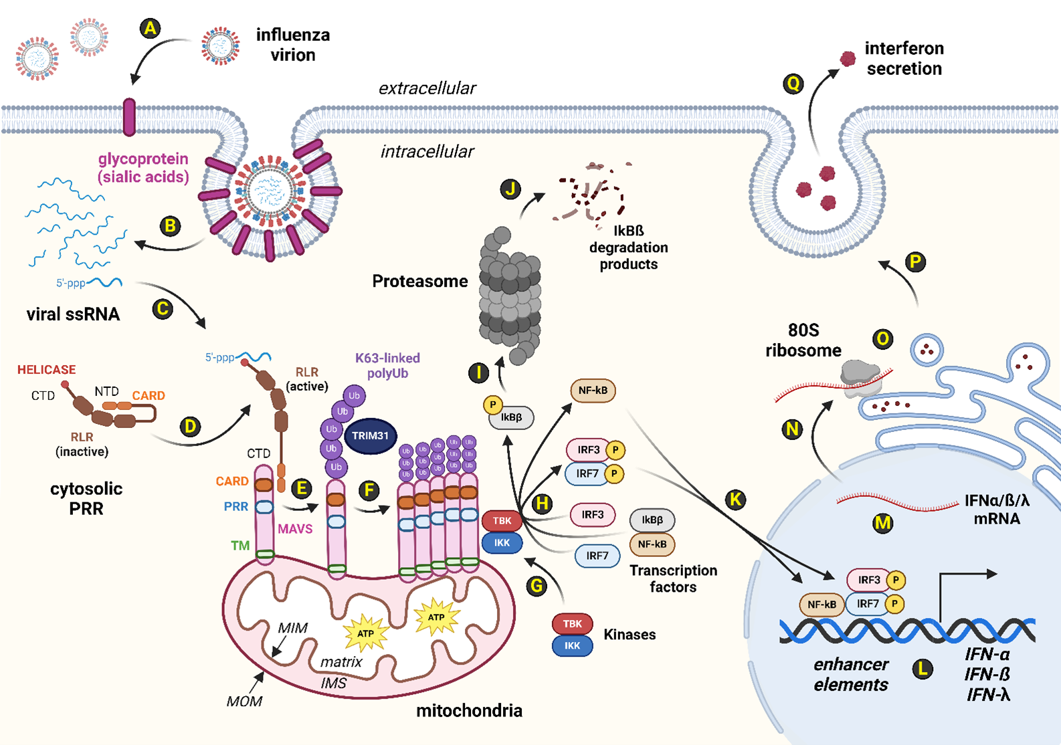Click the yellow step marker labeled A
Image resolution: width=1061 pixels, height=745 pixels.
tap(151, 29)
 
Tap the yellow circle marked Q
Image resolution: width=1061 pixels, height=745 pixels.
tap(793, 84)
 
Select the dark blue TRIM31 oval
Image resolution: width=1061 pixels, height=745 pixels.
tap(370, 436)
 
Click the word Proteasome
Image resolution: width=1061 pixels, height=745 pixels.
tap(419, 282)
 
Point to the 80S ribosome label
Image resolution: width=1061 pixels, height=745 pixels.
tap(803, 340)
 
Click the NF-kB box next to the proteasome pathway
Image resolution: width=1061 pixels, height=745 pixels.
tap(593, 391)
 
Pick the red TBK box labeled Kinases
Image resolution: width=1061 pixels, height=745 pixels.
tap(572, 624)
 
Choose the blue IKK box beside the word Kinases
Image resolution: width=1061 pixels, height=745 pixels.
tap(572, 645)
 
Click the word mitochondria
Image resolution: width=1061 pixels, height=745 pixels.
tap(469, 711)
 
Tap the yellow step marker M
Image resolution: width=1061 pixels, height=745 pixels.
tap(883, 523)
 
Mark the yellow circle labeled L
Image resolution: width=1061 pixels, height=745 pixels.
tap(923, 668)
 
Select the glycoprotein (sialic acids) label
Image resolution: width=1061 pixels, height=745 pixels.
tap(143, 168)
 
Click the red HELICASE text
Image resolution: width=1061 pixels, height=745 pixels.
tap(46, 370)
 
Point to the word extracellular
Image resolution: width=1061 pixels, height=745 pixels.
tap(427, 88)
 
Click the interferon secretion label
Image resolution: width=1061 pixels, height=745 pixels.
tap(904, 59)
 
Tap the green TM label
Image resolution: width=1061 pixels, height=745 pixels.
tap(240, 546)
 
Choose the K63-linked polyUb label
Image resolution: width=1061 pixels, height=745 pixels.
tap(387, 366)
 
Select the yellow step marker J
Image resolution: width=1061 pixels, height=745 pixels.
tap(510, 189)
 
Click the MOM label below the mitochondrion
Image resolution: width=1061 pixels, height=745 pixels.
tap(244, 702)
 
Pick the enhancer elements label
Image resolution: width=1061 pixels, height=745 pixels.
tap(851, 675)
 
